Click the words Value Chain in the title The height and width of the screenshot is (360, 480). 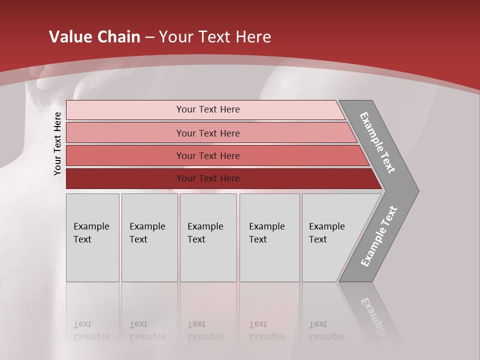[94, 37]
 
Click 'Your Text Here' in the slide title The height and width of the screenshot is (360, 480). [215, 37]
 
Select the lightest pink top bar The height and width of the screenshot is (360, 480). [125, 110]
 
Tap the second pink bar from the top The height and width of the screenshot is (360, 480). [125, 133]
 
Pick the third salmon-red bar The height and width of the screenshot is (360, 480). [125, 156]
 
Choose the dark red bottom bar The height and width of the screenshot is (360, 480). [125, 178]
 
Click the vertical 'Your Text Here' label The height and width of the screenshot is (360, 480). [57, 143]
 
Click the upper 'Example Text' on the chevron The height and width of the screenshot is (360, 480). [377, 142]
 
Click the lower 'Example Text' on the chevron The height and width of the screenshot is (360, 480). [379, 236]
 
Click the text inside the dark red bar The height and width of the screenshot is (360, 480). [208, 178]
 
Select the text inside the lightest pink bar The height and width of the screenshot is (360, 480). [208, 109]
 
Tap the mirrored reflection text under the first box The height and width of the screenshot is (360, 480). [91, 330]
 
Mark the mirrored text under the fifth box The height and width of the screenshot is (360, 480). [326, 330]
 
